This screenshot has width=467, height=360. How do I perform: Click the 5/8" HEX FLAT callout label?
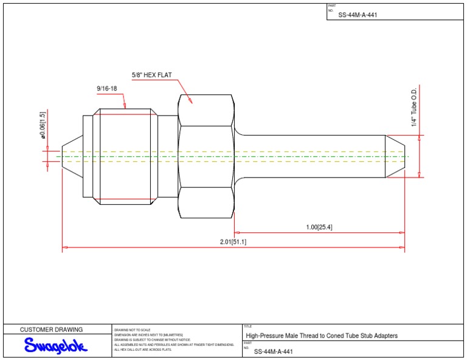[x=152, y=75]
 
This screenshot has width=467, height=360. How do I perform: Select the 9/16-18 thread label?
[x=106, y=89]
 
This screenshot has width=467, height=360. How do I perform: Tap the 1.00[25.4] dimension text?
[x=319, y=227]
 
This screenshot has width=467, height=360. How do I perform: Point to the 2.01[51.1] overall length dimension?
[x=233, y=242]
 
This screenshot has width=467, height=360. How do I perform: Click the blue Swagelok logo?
[x=56, y=346]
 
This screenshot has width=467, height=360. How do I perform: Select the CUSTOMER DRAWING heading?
[x=52, y=330]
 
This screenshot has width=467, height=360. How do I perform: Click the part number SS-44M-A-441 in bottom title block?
[x=273, y=351]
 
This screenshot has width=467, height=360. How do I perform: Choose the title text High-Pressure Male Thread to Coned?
[x=322, y=336]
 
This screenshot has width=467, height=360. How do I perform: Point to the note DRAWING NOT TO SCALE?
[x=132, y=330]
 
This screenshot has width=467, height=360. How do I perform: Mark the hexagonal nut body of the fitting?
[x=206, y=156]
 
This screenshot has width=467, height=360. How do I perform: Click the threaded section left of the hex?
[x=126, y=156]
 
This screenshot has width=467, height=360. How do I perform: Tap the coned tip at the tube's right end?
[x=396, y=156]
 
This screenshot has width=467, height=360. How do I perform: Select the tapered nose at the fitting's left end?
[x=72, y=156]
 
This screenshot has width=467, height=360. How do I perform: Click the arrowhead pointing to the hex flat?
[x=190, y=102]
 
